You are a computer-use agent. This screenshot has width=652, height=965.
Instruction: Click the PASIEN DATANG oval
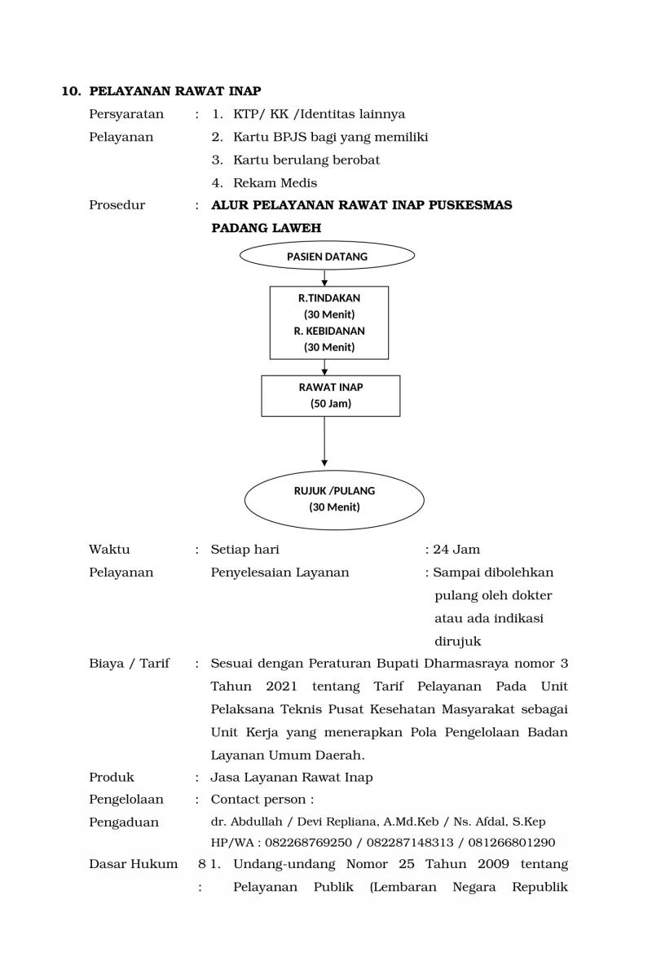(x=327, y=257)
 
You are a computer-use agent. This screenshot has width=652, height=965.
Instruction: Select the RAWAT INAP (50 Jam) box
(x=330, y=396)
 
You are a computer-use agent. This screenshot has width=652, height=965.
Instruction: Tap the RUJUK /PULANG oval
(x=334, y=499)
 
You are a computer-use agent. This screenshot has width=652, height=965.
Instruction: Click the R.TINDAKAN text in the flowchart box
(x=329, y=298)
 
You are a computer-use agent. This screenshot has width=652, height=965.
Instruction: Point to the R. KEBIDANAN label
(x=329, y=331)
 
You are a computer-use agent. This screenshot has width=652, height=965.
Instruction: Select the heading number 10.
(x=72, y=91)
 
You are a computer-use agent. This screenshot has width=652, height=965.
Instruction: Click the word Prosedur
(x=117, y=205)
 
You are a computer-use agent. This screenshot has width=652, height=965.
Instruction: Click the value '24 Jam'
(x=456, y=550)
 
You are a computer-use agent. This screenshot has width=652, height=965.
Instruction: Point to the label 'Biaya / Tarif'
(x=129, y=664)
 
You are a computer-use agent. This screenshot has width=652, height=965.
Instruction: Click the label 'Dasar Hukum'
(x=133, y=864)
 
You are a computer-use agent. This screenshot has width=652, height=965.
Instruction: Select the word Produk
(x=112, y=778)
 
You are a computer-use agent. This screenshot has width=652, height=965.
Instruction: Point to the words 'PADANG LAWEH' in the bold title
(x=266, y=228)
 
